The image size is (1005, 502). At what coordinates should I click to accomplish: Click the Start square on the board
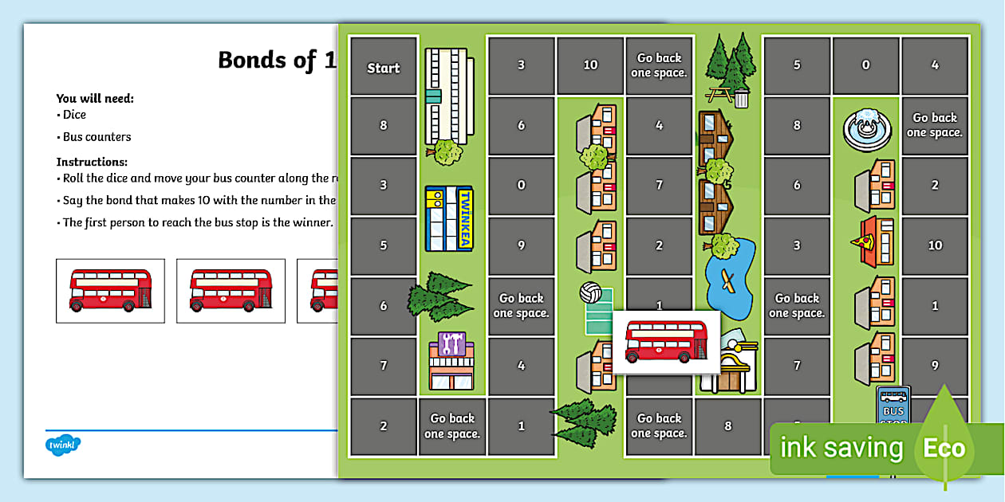pyautogui.click(x=384, y=68)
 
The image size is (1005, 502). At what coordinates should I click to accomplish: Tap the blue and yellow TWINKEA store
pyautogui.click(x=449, y=217)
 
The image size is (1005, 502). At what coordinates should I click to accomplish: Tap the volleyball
pyautogui.click(x=590, y=292)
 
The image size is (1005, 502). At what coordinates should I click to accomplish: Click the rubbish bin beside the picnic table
pyautogui.click(x=742, y=98)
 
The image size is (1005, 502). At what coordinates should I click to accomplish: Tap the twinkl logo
pyautogui.click(x=63, y=444)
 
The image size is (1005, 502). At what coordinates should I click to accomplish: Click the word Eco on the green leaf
pyautogui.click(x=944, y=448)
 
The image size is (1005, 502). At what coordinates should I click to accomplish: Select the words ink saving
pyautogui.click(x=841, y=448)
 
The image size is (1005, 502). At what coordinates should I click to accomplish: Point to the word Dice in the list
pyautogui.click(x=74, y=115)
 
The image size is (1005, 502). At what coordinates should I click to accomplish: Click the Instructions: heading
pyautogui.click(x=92, y=162)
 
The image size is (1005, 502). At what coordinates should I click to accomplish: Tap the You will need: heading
pyautogui.click(x=95, y=99)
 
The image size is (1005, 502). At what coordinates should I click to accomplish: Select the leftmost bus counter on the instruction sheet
pyautogui.click(x=110, y=290)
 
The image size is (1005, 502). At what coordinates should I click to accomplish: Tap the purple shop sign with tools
pyautogui.click(x=451, y=344)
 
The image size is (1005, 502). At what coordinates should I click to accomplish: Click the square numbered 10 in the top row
pyautogui.click(x=590, y=65)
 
